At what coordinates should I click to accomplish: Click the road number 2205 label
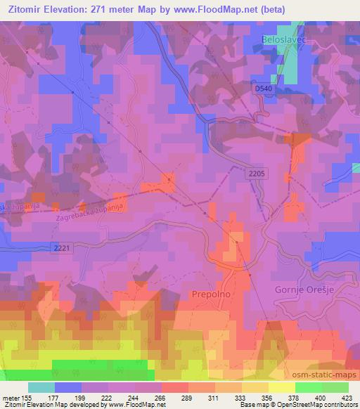click(x=257, y=171)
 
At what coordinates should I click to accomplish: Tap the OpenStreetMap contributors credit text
click(x=317, y=405)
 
